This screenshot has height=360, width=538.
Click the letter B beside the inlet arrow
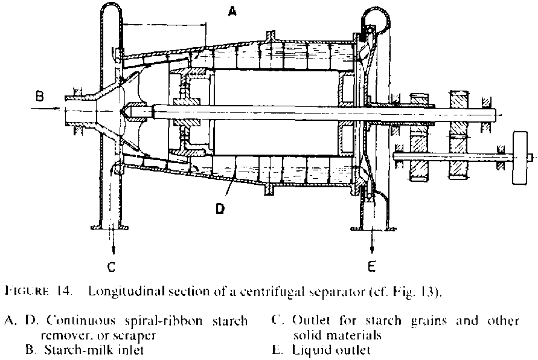(39, 95)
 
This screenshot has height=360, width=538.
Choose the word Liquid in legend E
(309, 350)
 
